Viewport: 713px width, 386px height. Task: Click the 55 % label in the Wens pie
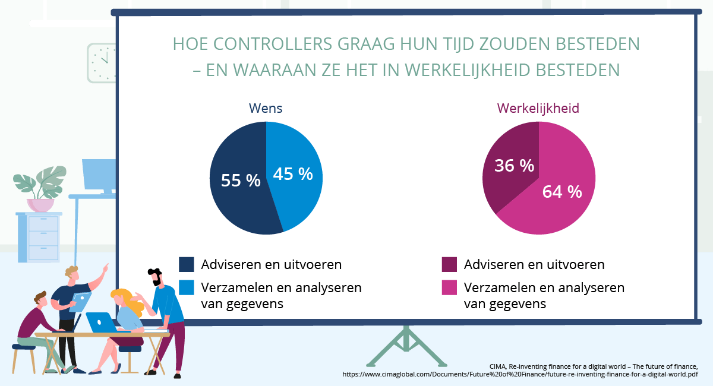point(241,181)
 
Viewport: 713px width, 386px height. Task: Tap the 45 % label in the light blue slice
point(292,173)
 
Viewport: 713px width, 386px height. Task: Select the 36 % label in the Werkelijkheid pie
point(514,166)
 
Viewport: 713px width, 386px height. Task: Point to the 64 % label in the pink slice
point(561,192)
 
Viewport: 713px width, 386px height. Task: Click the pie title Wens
point(265,109)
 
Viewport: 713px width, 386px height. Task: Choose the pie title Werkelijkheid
point(538,109)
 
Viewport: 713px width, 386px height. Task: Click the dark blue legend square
point(187,264)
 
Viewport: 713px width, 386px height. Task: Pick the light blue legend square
point(187,287)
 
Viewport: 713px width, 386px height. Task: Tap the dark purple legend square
point(449,264)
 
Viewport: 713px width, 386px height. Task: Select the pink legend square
point(449,287)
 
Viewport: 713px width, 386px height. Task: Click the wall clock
point(103,62)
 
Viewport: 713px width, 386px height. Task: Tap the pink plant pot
point(40,205)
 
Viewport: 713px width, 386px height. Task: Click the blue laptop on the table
point(102,322)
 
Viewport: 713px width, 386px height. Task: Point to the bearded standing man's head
point(155,276)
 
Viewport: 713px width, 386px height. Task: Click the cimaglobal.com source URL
point(520,375)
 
